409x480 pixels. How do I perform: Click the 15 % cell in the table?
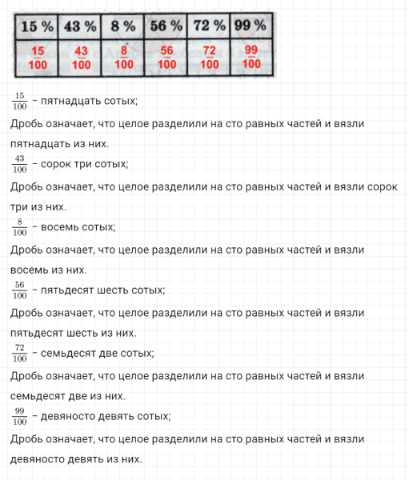[x=38, y=26]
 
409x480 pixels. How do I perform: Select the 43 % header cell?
[x=80, y=26]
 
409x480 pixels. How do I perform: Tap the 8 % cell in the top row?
[x=123, y=26]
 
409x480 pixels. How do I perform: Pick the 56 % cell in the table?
[x=166, y=26]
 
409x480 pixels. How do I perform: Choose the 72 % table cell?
[x=209, y=26]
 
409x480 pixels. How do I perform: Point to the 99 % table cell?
[x=250, y=26]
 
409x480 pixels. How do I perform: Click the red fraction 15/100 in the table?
[x=38, y=58]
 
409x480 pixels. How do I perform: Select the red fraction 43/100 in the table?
[x=80, y=58]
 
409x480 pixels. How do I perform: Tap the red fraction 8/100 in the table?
[x=123, y=58]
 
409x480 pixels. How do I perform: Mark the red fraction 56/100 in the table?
[x=166, y=58]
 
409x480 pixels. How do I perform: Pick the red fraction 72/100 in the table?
[x=209, y=58]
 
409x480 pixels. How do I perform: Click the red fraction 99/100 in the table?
[x=250, y=58]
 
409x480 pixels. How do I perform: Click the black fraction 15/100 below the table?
[x=20, y=102]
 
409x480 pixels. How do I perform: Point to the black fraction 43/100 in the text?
[x=20, y=165]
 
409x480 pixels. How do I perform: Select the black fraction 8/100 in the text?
[x=20, y=228]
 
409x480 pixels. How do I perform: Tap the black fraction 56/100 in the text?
[x=20, y=290]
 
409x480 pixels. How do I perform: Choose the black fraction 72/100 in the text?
[x=20, y=354]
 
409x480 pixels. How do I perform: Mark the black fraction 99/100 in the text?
[x=20, y=417]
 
